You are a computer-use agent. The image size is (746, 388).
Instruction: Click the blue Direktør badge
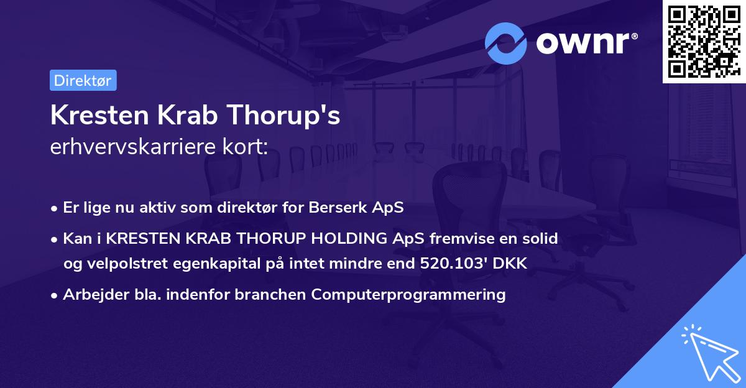(83, 80)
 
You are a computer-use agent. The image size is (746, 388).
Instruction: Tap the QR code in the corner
(704, 42)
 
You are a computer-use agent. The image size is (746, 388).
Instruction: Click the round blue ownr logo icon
(505, 44)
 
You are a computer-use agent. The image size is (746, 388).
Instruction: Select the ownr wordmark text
(583, 44)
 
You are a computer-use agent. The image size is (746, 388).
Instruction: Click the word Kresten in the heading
(99, 115)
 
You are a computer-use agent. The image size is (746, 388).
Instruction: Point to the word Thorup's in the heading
(283, 115)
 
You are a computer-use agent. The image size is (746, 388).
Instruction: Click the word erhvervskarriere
(133, 146)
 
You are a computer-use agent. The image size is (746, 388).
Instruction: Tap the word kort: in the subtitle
(245, 146)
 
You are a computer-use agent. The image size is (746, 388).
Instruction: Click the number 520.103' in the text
(454, 263)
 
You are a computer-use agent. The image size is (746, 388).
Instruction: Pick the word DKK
(510, 263)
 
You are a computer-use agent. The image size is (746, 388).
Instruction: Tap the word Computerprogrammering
(408, 295)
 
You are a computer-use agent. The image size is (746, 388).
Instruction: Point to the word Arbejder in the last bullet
(96, 295)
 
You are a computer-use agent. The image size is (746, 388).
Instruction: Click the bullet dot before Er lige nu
(53, 209)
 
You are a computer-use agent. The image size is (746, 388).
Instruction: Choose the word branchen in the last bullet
(270, 294)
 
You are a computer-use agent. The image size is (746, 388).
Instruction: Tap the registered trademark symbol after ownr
(634, 36)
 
